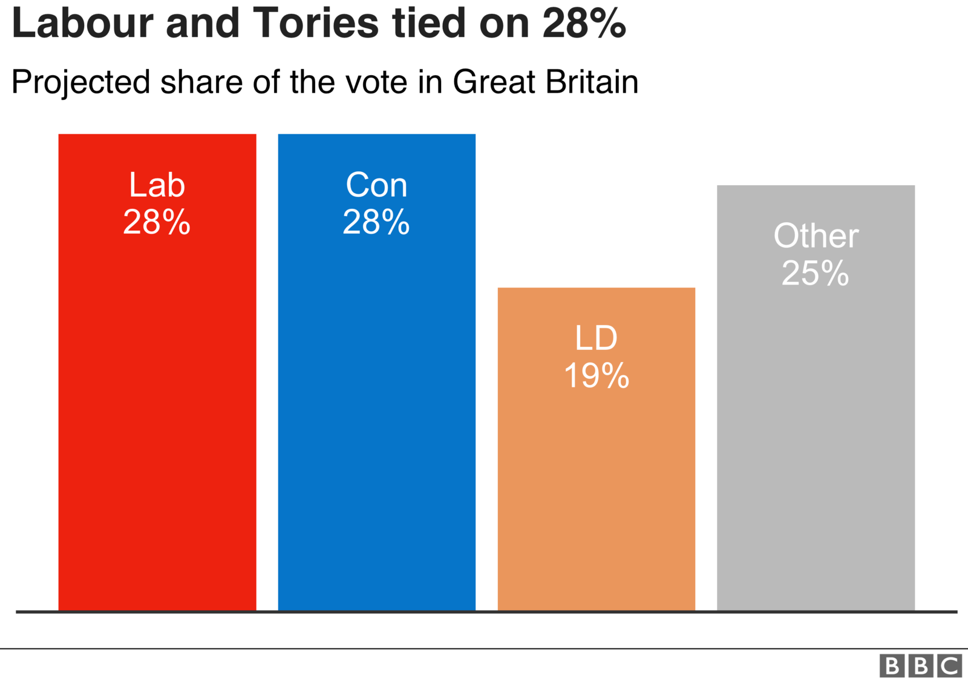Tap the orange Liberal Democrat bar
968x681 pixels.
[x=596, y=484]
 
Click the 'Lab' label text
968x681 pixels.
[x=157, y=185]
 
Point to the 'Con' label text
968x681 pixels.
[x=376, y=185]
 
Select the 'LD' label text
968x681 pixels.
[x=596, y=338]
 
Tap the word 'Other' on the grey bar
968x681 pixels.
[x=816, y=236]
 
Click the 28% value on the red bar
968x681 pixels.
[x=157, y=222]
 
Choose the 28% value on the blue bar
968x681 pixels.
[x=376, y=222]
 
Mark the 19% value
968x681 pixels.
[x=597, y=376]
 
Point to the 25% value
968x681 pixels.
[x=816, y=273]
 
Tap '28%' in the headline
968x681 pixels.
[x=584, y=23]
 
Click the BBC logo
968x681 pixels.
[x=920, y=666]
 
